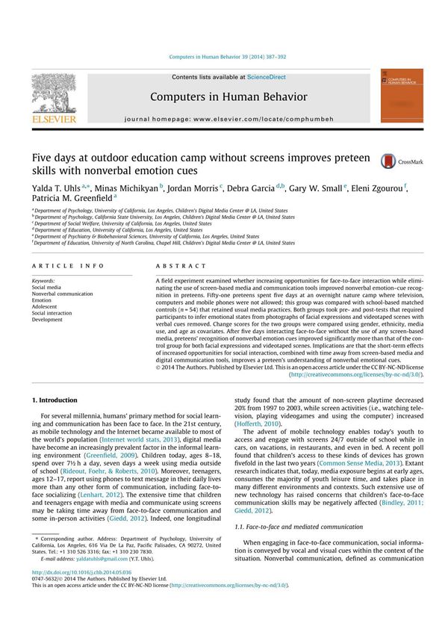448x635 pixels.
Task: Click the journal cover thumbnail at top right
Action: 401,96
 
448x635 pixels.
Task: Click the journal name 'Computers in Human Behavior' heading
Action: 228,97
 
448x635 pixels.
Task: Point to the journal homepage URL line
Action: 228,119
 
